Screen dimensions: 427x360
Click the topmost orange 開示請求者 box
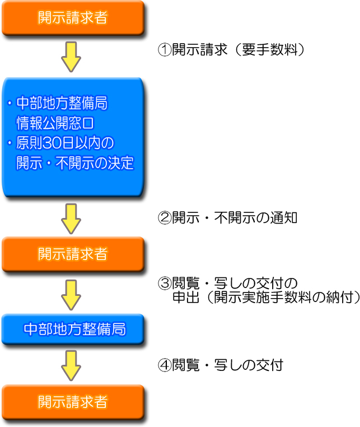tap(73, 17)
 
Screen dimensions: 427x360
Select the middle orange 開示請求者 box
tap(73, 254)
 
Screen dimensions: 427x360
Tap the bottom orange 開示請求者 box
tap(73, 402)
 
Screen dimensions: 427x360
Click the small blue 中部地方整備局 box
tap(73, 329)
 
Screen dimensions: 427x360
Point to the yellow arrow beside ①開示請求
tap(72, 56)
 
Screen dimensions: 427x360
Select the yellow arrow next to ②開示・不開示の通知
tap(72, 219)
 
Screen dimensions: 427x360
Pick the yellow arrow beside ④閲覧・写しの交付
tap(72, 365)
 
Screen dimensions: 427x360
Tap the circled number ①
tap(164, 50)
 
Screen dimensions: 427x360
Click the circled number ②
tap(164, 217)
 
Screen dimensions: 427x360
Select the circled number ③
tap(164, 283)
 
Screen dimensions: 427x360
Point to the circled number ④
tap(164, 365)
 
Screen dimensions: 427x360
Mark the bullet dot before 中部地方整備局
tap(10, 104)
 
